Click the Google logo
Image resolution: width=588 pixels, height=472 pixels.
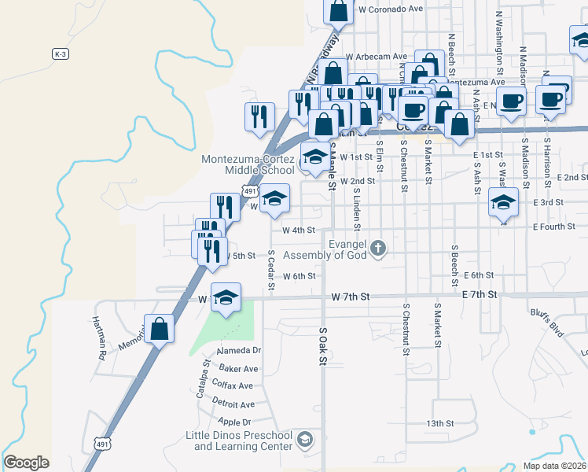coord(26,463)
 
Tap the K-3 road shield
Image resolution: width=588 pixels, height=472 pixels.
coord(61,53)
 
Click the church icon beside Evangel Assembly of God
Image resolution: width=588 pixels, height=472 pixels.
coord(378,249)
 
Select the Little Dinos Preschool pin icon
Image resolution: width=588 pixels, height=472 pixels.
coord(306,439)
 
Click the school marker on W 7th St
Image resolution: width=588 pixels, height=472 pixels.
coord(226,298)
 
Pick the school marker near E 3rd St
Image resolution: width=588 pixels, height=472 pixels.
coord(503,202)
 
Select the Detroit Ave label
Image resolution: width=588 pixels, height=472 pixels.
coord(233,404)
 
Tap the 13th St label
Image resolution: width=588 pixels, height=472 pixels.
coord(440,423)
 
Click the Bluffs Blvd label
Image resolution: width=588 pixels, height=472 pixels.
coord(547,324)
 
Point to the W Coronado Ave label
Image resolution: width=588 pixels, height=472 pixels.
coord(390,9)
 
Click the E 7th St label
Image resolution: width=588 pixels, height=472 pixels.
coord(480,294)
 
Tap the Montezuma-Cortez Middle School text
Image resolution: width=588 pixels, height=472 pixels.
coord(248,164)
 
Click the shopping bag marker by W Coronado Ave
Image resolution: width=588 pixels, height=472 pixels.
coord(339,11)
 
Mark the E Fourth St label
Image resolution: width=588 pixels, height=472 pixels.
coord(553,227)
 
